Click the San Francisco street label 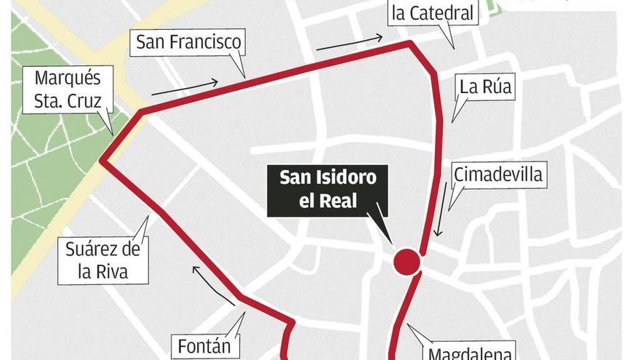coord(188,42)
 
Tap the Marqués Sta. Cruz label coord(67,89)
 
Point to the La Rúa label coord(486,87)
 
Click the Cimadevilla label coord(498,175)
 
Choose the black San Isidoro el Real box coord(328,190)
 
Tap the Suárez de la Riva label coord(103,261)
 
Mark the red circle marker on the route coord(407,262)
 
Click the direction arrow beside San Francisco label coord(185,87)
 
